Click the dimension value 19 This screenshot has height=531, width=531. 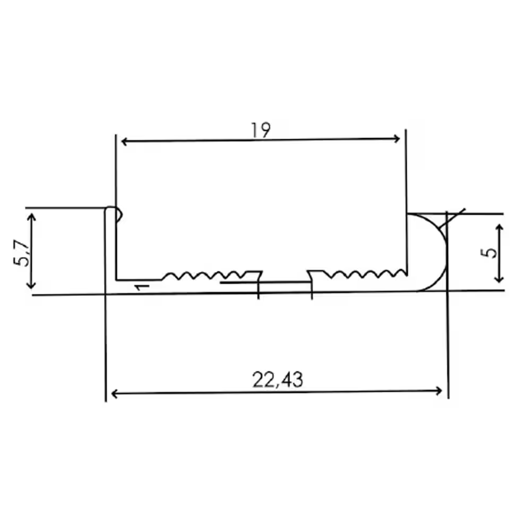(260, 131)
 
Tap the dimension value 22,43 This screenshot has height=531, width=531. (277, 380)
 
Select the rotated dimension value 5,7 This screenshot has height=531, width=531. (21, 253)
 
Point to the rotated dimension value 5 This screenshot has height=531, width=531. (489, 253)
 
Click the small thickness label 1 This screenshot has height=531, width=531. (142, 287)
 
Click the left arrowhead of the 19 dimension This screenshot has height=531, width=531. (124, 142)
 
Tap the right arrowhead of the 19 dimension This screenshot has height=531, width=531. (397, 139)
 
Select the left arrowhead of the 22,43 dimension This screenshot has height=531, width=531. (115, 394)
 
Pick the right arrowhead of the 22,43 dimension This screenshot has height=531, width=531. (439, 391)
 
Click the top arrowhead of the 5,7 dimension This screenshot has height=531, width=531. (31, 217)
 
